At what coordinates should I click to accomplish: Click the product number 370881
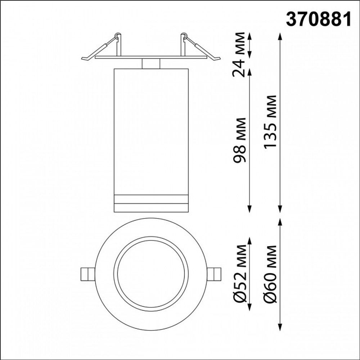click(x=318, y=20)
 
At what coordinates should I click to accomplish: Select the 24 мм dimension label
click(x=239, y=55)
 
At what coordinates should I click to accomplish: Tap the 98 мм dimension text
click(x=239, y=140)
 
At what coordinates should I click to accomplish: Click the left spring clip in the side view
click(x=103, y=49)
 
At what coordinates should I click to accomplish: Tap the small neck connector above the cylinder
click(x=151, y=63)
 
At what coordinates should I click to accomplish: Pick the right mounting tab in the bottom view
click(x=215, y=274)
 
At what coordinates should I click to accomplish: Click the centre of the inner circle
click(x=151, y=274)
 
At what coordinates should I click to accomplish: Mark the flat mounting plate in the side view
click(x=151, y=57)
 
